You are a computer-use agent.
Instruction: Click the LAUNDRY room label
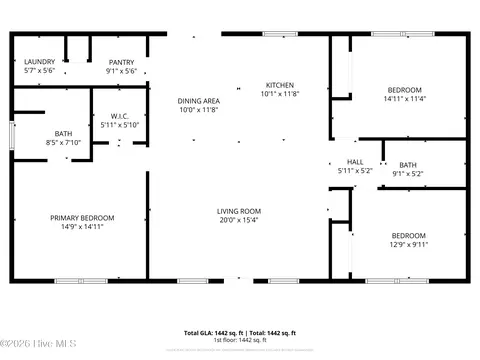tap(39, 62)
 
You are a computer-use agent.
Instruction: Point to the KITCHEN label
tap(279, 84)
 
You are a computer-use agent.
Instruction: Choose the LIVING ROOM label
tap(239, 211)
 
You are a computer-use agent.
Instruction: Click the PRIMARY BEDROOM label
tap(83, 218)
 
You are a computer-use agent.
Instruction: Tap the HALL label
tap(355, 162)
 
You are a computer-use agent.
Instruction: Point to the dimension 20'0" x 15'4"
tap(239, 221)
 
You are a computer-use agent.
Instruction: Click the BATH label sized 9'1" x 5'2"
tap(407, 165)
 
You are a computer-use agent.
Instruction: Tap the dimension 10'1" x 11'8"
tap(279, 94)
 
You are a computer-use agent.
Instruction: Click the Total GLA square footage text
tap(209, 332)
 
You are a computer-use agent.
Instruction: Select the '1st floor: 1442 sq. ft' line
tap(240, 340)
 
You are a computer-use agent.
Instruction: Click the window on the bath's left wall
tap(12, 132)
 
